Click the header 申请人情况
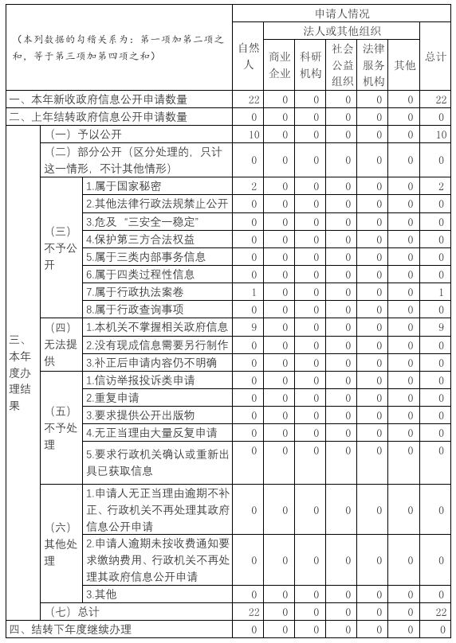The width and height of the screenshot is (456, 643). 342,14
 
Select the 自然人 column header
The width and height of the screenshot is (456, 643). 249,57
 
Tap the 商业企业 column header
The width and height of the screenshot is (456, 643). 280,65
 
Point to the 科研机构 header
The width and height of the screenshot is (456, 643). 311,65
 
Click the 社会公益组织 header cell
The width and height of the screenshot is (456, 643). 342,65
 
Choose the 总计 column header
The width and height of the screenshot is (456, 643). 435,57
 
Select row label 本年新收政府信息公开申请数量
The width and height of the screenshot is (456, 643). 99,99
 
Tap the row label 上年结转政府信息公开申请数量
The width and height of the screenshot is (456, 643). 99,117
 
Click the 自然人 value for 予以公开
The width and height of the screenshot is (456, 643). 254,134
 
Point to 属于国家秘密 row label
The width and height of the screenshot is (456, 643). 124,186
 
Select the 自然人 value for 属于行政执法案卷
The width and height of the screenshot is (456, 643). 254,292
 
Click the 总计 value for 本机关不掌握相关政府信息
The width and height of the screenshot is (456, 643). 440,327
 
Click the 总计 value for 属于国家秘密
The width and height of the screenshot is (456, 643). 440,186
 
